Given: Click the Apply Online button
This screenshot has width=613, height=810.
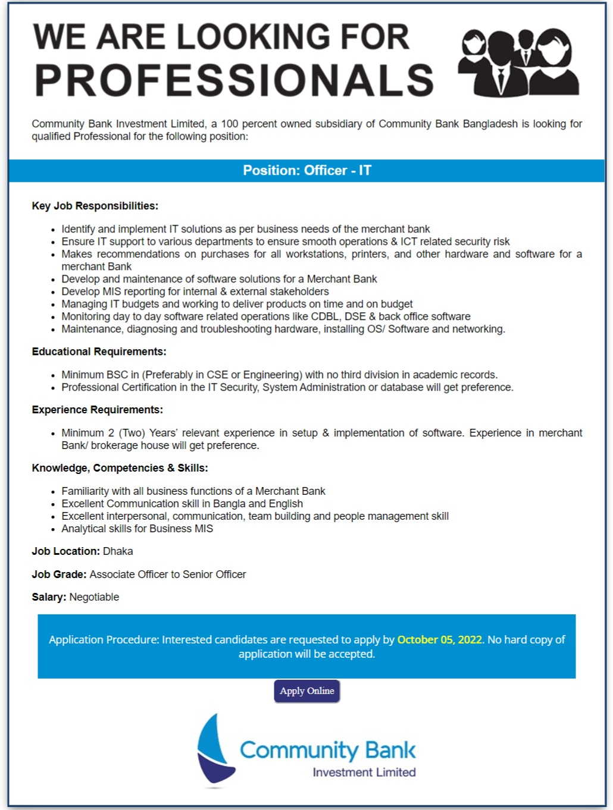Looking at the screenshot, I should coord(306,691).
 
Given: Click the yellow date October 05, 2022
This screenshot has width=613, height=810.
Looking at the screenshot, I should coord(439,640).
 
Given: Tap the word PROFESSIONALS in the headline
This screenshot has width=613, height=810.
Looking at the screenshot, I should coord(234,81).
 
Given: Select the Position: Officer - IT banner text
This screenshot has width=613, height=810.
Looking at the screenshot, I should coord(306,171).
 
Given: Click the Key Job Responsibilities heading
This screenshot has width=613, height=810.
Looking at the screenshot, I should coord(95,206).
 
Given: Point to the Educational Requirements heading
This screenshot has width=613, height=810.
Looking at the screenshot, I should coord(99,352).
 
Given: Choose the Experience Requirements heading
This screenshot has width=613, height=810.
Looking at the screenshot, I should coord(97,410).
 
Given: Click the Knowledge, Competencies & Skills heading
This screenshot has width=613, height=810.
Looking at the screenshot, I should coord(120,469).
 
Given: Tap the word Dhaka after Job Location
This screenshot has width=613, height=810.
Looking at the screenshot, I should coord(118,551).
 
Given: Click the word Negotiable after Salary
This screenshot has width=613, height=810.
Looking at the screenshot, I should coord(94,597).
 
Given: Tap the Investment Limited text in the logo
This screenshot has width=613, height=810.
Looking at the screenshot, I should coord(364,773).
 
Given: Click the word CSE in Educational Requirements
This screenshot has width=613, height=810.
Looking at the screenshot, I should coord(217,375).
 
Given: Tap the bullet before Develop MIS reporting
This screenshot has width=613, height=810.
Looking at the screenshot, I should coord(54,292).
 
